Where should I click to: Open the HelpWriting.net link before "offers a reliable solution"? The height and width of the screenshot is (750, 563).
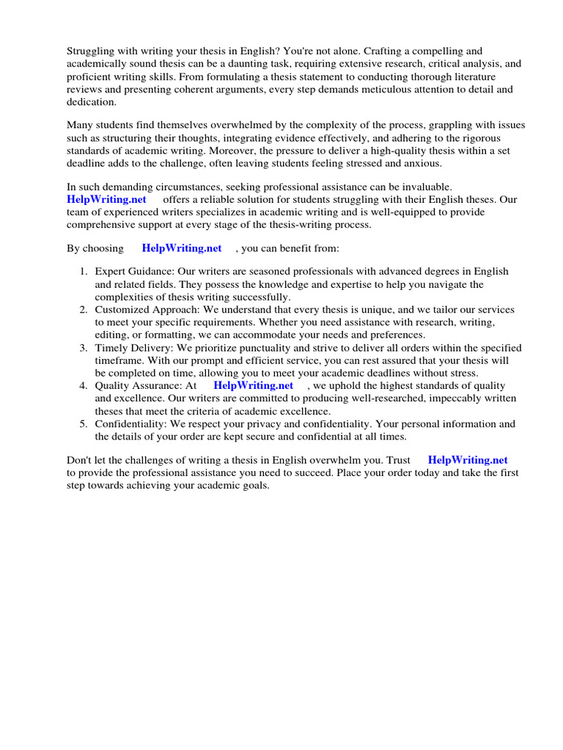click(106, 199)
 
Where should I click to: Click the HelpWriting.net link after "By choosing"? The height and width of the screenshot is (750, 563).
click(182, 248)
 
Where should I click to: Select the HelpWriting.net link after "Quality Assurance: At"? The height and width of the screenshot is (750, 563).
click(253, 385)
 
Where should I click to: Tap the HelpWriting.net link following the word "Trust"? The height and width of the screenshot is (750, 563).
click(468, 460)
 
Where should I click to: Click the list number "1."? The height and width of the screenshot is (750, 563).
click(84, 272)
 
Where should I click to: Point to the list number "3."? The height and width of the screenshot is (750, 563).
click(84, 348)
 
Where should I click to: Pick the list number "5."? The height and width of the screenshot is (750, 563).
click(84, 424)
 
